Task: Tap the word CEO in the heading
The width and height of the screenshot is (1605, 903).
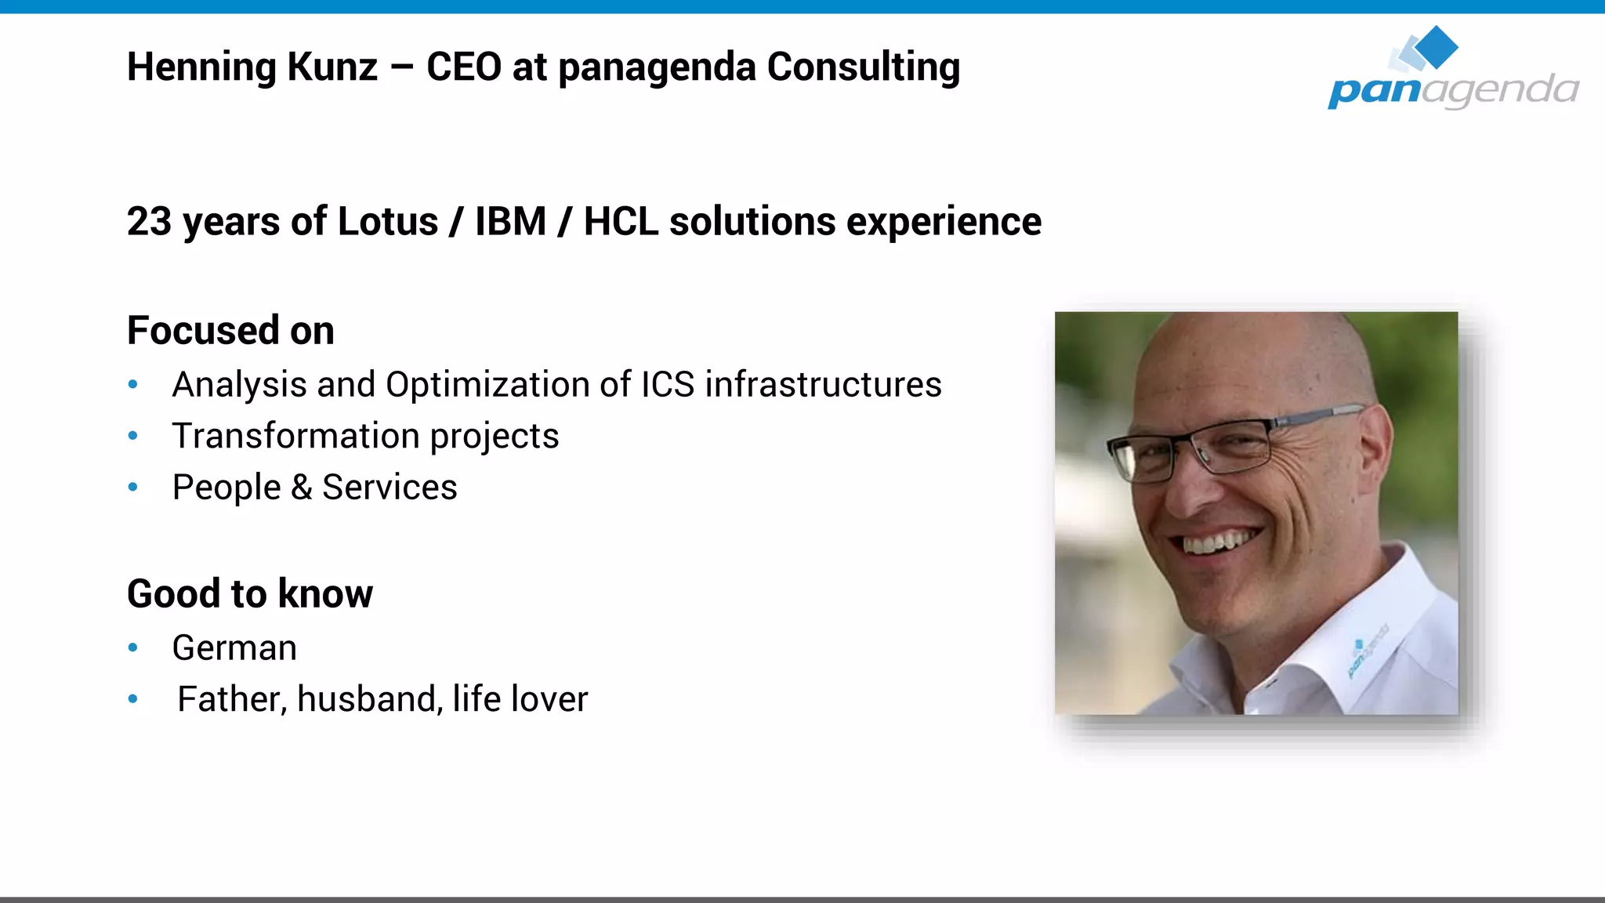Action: (x=463, y=67)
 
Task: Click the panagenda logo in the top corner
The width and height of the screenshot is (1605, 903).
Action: (x=1452, y=71)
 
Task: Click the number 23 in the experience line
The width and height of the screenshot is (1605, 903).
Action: (x=149, y=222)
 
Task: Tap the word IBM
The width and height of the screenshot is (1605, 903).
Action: (x=510, y=222)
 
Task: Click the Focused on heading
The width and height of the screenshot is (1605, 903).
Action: (x=230, y=330)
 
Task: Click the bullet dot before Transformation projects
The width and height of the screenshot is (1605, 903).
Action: (x=133, y=436)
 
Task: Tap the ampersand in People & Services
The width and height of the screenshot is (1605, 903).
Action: (x=302, y=488)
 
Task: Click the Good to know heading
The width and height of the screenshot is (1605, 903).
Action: (x=249, y=593)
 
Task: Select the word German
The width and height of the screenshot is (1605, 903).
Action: (x=234, y=648)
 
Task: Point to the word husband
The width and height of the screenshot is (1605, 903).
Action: (x=366, y=699)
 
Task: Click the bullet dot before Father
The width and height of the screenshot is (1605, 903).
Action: (x=133, y=699)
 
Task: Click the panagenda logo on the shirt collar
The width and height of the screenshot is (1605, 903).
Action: (x=1367, y=651)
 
